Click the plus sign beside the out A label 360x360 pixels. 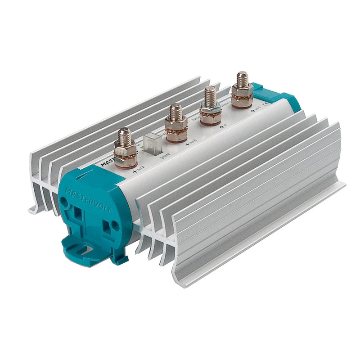134,171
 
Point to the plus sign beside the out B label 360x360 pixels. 187,145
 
